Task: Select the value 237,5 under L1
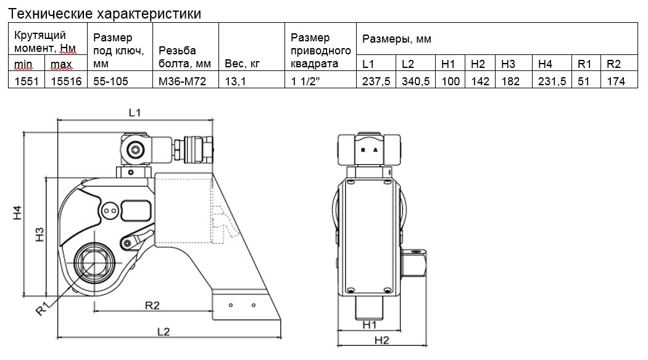376,81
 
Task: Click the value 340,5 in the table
415,81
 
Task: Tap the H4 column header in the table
544,64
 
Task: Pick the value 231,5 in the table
552,81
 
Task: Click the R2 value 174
615,81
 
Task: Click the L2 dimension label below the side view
163,332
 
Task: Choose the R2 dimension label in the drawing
152,305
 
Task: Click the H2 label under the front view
383,340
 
